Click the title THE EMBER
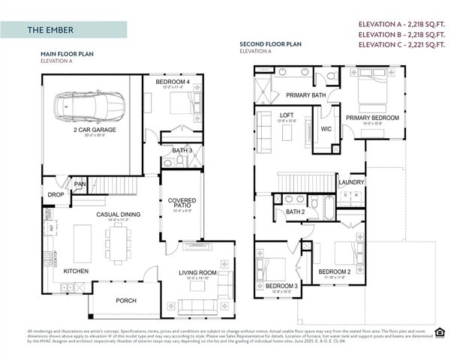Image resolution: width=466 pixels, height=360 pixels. (x=50, y=30)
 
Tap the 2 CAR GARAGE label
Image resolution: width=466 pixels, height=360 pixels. (x=94, y=130)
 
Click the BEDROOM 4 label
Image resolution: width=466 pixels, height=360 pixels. (x=173, y=80)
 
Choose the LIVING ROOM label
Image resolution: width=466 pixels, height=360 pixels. (x=197, y=272)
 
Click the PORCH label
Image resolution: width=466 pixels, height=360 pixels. (x=126, y=301)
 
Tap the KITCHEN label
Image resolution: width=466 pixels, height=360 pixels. (x=77, y=271)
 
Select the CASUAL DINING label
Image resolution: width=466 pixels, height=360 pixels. (x=118, y=214)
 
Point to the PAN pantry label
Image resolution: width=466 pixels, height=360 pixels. (x=80, y=184)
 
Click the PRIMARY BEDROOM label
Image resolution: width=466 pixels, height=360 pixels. (x=371, y=118)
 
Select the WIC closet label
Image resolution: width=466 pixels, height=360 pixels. (x=326, y=129)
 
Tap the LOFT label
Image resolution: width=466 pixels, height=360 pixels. (x=287, y=115)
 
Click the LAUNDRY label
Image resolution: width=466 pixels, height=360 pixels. (x=351, y=181)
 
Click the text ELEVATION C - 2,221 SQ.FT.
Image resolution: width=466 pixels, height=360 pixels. (x=401, y=44)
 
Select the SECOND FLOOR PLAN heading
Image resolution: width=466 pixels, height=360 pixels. (x=270, y=44)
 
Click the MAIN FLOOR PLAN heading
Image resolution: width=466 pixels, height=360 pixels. (x=68, y=54)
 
